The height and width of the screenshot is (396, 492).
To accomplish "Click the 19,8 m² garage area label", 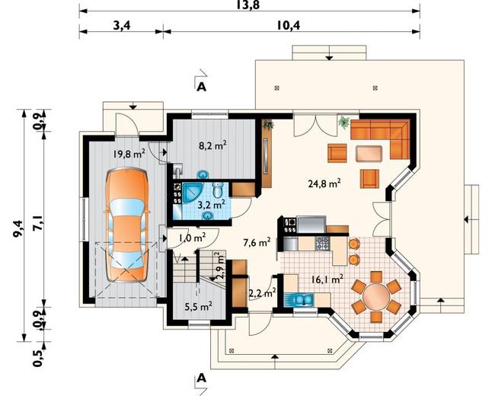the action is pos(129,153).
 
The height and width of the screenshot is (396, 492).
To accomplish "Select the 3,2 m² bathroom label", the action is pos(212,205).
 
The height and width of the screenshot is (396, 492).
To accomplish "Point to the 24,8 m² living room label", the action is pos(324,183).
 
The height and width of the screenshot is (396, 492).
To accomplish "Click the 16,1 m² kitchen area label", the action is pos(327,279).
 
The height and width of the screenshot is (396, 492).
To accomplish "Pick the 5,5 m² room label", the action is pos(198,306).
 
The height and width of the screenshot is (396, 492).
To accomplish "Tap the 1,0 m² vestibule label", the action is pos(192,238).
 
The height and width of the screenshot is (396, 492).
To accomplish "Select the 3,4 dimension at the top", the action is pos(121,25).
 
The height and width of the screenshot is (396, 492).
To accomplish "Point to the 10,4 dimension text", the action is pos(288,25).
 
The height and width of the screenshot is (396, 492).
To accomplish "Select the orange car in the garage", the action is pos(126,225).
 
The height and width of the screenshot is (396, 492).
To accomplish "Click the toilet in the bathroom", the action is pos(217,190).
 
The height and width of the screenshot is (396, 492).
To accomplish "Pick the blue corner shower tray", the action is pos(191,193).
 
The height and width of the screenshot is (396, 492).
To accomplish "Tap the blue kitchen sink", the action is pos(299,300).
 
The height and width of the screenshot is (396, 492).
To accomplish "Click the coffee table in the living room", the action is pos(369,153).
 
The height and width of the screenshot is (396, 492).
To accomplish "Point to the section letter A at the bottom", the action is pos(201,378).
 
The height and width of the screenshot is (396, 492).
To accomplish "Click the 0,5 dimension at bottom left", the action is pos(37,358).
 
